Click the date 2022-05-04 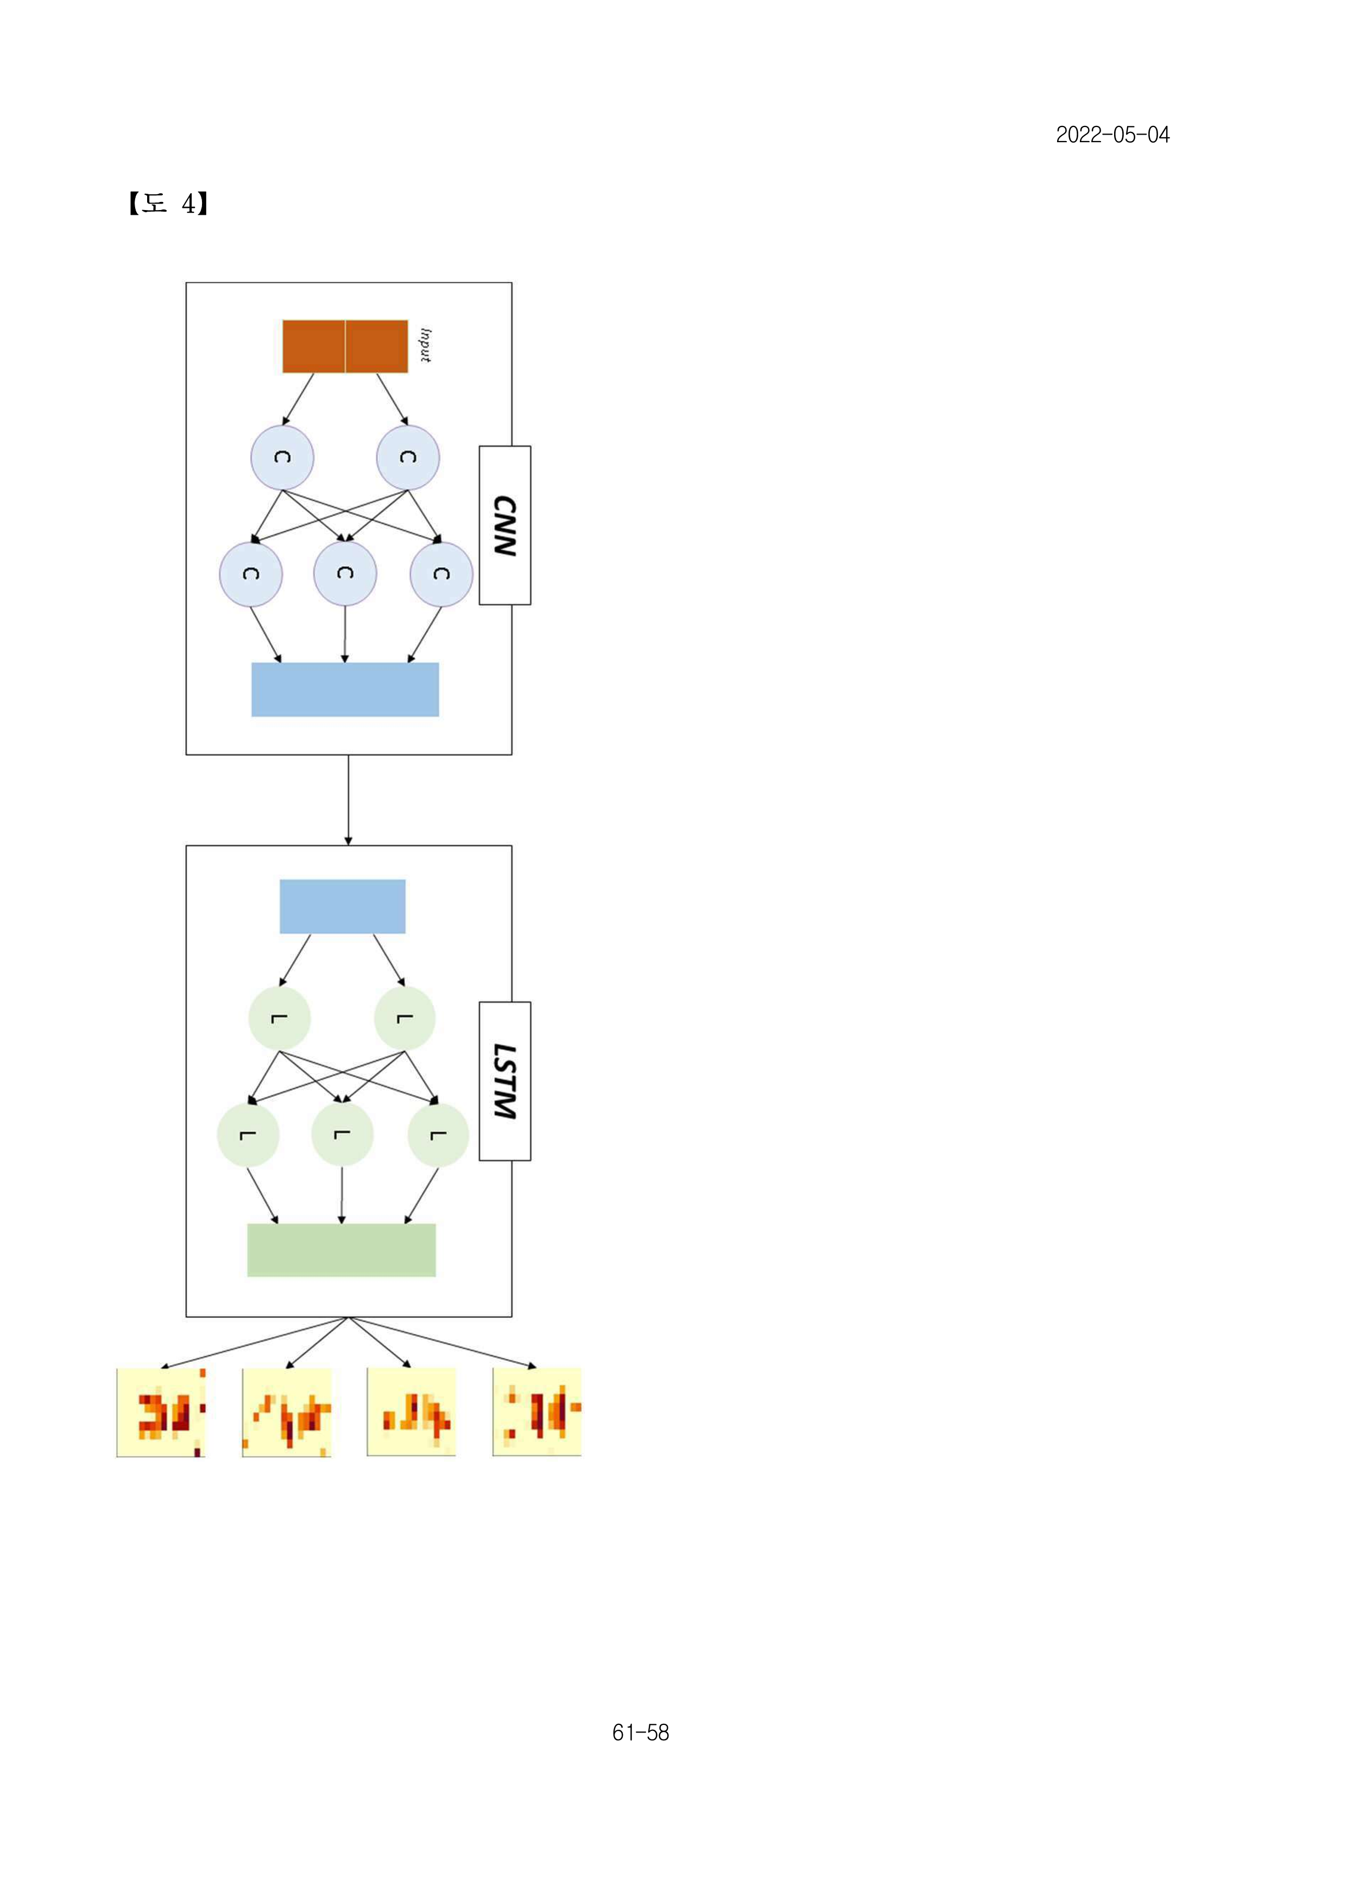(x=1112, y=135)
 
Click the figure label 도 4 (x=168, y=203)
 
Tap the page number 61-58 (x=640, y=1732)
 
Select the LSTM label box (x=505, y=1081)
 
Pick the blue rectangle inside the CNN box (x=345, y=689)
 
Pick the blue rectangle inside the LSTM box (x=343, y=906)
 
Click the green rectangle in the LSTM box (x=342, y=1250)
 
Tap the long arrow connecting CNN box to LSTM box (x=349, y=800)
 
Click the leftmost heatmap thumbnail (x=161, y=1412)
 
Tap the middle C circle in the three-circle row (x=345, y=574)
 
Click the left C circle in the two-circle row (x=282, y=458)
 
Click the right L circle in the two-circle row (x=405, y=1018)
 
